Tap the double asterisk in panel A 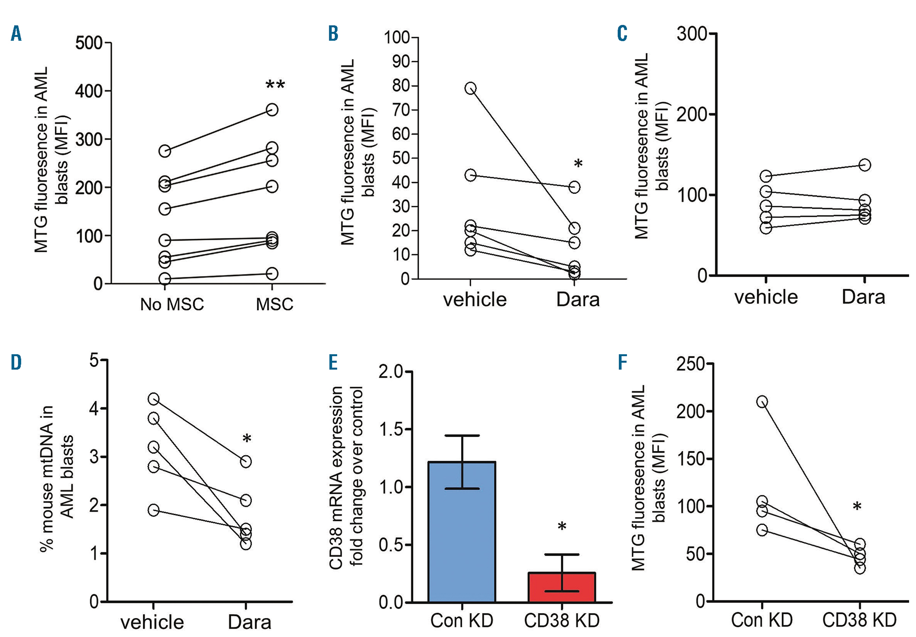click(x=275, y=85)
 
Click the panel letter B click(x=333, y=33)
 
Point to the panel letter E click(x=333, y=362)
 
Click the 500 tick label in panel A click(x=89, y=43)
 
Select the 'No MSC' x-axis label click(x=172, y=304)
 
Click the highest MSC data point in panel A click(x=272, y=110)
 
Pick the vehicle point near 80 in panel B click(x=470, y=88)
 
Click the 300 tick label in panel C click(x=692, y=34)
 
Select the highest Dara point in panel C click(x=864, y=165)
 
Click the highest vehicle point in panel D click(x=153, y=399)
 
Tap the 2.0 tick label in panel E click(x=390, y=372)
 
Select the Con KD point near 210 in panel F click(x=762, y=402)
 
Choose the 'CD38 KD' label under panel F click(x=859, y=620)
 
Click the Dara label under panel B click(x=578, y=300)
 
